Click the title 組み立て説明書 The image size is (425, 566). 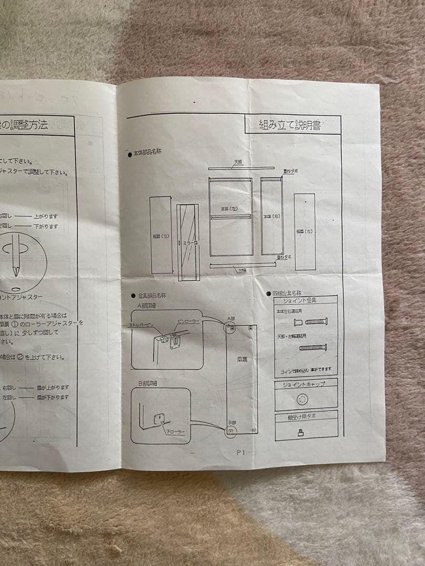click(x=290, y=125)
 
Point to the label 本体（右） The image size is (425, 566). click(x=271, y=216)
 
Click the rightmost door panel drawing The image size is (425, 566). click(x=304, y=231)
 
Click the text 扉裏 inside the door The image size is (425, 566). click(x=242, y=361)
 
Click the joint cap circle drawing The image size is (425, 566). click(x=302, y=400)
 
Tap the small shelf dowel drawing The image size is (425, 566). click(x=301, y=432)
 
